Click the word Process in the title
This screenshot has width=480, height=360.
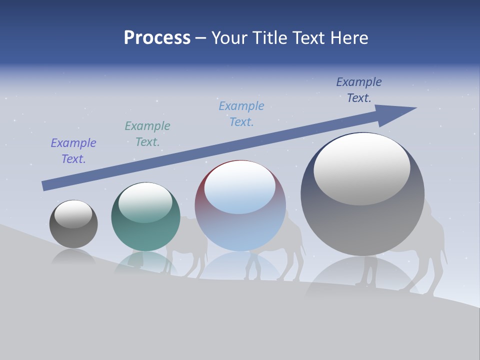click(x=157, y=38)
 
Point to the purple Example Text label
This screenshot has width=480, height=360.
click(x=73, y=151)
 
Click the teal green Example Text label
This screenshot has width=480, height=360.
click(x=147, y=134)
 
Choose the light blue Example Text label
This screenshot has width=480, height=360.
click(x=241, y=114)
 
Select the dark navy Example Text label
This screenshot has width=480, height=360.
click(x=359, y=90)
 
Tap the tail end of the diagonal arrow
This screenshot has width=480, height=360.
click(x=45, y=185)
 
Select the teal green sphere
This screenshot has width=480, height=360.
click(x=145, y=230)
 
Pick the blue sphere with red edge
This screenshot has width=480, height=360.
click(x=240, y=225)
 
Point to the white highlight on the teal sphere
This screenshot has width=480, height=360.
click(x=145, y=202)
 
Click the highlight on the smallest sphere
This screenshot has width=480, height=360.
click(x=73, y=214)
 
